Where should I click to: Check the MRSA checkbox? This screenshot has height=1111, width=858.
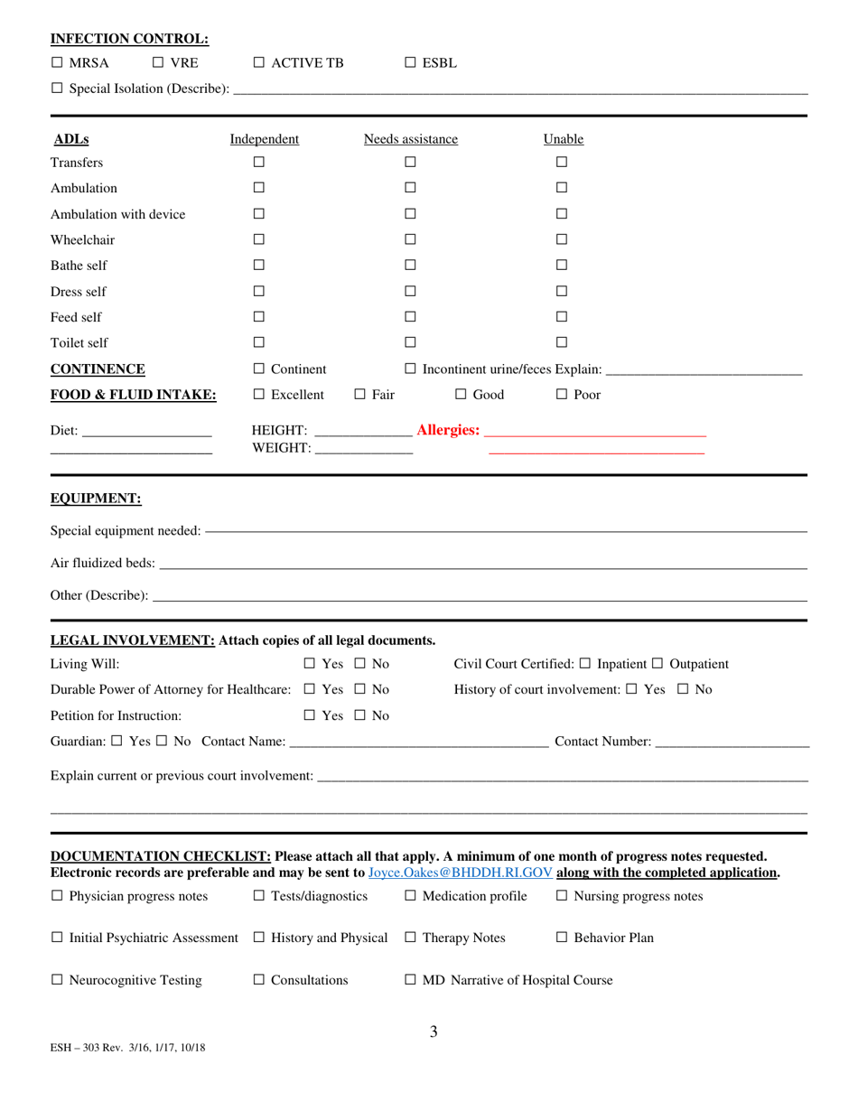(x=57, y=63)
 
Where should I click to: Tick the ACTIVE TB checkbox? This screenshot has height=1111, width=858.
(x=259, y=63)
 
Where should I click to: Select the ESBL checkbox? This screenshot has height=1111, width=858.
(x=410, y=63)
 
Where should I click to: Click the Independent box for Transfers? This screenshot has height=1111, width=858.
(x=258, y=163)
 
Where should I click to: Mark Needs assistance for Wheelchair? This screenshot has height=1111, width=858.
(x=410, y=240)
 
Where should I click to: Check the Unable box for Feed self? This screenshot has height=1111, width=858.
(x=561, y=317)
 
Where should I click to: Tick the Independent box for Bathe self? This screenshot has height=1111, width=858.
(x=258, y=266)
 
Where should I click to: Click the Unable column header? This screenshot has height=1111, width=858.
(x=563, y=139)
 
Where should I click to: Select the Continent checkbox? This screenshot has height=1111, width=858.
(x=259, y=369)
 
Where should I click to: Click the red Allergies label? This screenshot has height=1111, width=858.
(x=448, y=430)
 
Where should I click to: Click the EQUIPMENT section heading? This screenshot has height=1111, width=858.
(x=96, y=499)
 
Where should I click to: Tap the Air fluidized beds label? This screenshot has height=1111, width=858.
(x=102, y=564)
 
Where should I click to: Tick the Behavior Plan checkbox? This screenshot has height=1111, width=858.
(x=562, y=938)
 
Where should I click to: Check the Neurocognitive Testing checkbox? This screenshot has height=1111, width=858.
(x=57, y=980)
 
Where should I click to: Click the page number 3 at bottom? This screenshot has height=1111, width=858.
(x=434, y=1032)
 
